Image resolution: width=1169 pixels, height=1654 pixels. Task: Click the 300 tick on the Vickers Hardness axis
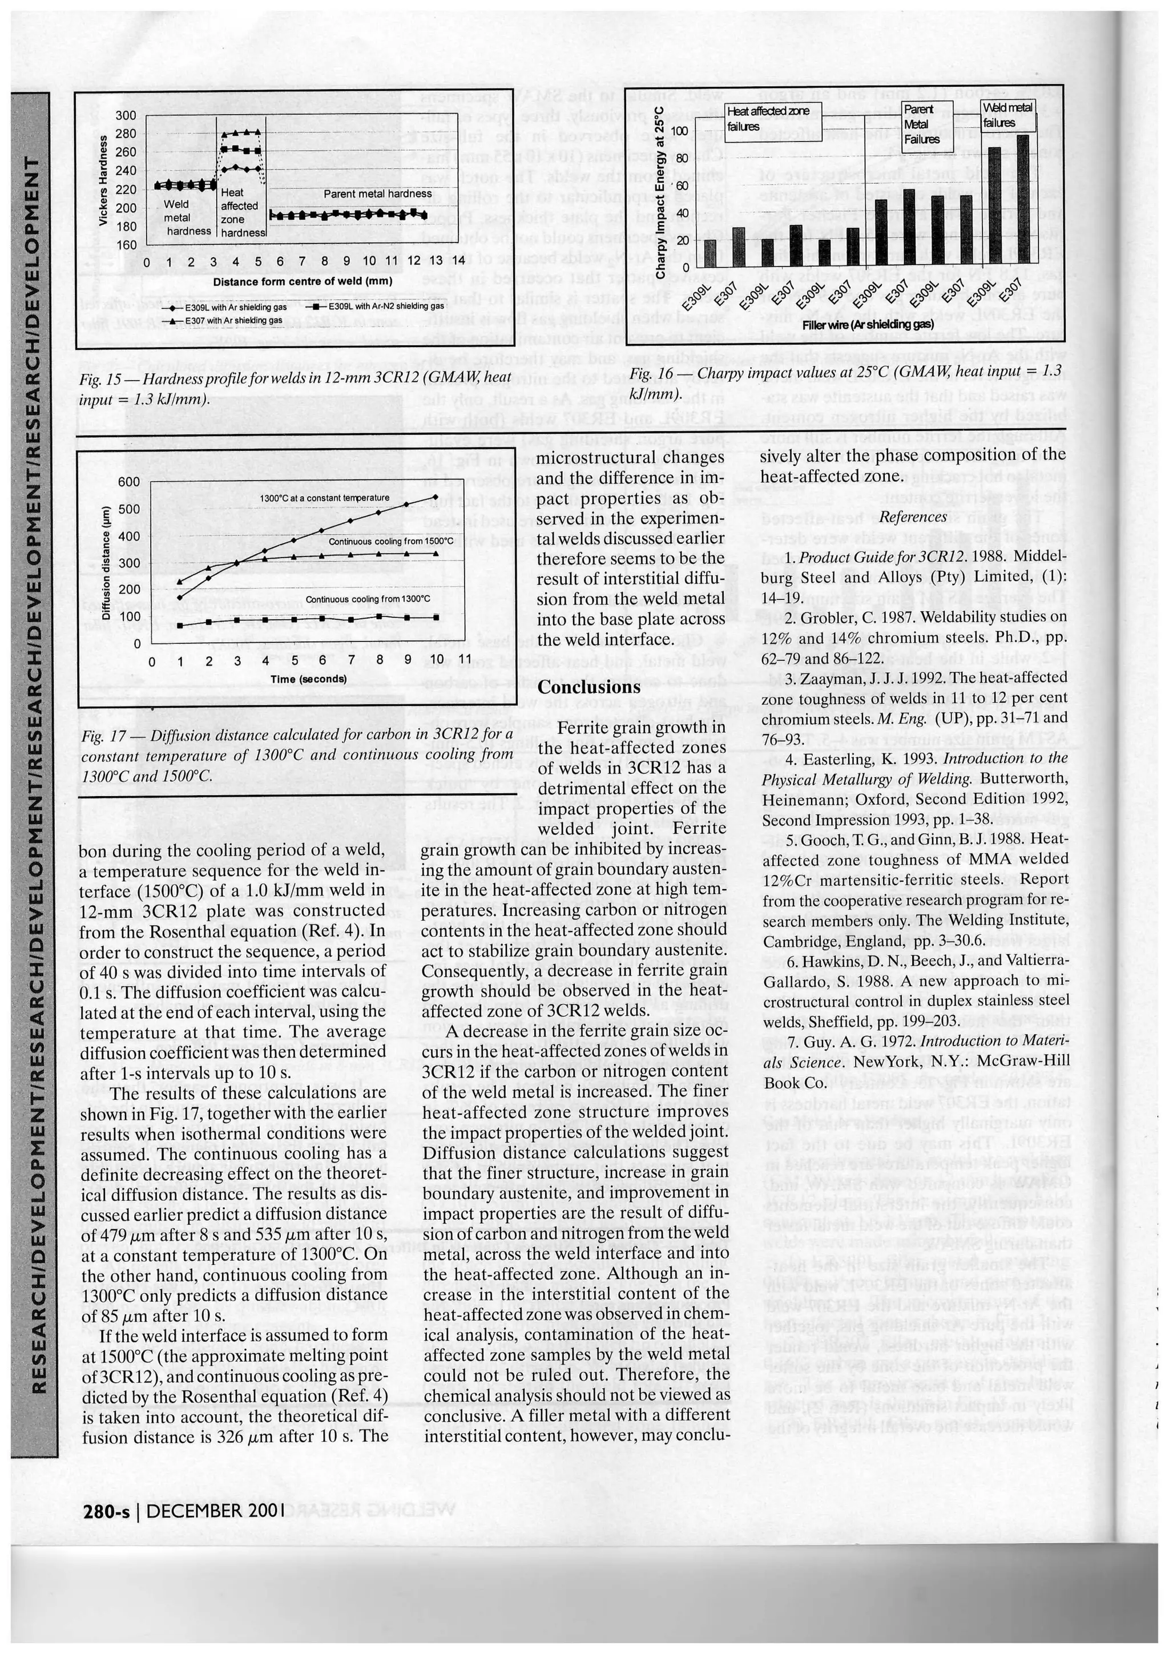[126, 115]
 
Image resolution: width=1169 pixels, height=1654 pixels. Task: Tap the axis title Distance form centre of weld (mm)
[302, 281]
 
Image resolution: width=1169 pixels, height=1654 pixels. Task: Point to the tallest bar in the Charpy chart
[1023, 198]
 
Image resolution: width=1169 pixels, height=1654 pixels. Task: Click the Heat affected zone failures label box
[768, 118]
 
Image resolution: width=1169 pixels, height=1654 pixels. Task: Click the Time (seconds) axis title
[308, 679]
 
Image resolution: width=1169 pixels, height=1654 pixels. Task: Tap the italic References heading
[912, 517]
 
